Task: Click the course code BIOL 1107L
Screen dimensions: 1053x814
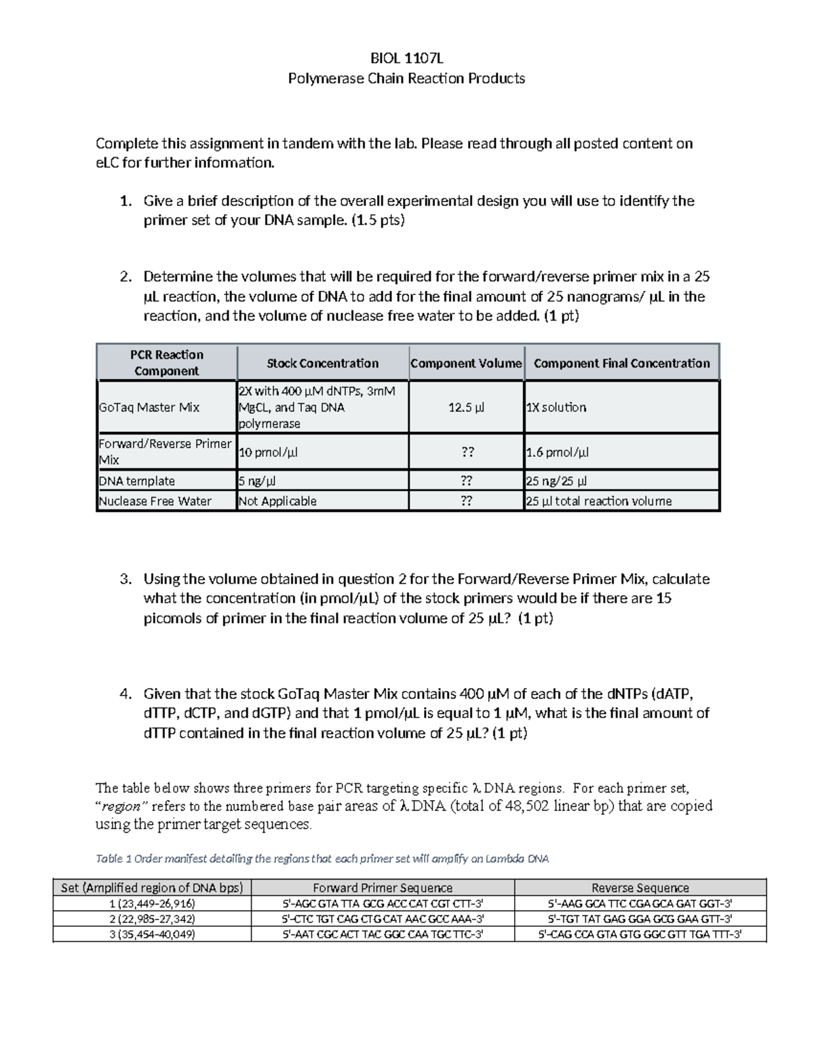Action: pyautogui.click(x=406, y=58)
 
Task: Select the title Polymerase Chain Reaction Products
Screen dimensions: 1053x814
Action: pyautogui.click(x=406, y=79)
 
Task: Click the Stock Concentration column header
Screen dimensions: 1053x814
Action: pyautogui.click(x=322, y=363)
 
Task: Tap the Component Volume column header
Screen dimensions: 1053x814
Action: pyautogui.click(x=466, y=363)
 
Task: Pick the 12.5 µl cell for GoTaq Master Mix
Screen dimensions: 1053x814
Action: pyautogui.click(x=466, y=408)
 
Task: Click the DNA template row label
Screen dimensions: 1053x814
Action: pyautogui.click(x=137, y=481)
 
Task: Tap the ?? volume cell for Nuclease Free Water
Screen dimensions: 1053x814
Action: pyautogui.click(x=466, y=501)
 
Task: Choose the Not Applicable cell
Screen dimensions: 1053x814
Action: pyautogui.click(x=277, y=501)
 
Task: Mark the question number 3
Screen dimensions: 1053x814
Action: pyautogui.click(x=125, y=579)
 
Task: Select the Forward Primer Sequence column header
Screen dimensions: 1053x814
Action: pyautogui.click(x=383, y=888)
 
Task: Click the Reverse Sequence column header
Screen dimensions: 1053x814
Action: pyautogui.click(x=640, y=888)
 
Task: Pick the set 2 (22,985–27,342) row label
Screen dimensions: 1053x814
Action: pyautogui.click(x=152, y=919)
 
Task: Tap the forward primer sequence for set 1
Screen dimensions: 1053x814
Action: pyautogui.click(x=383, y=903)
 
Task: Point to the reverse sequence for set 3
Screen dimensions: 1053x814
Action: pyautogui.click(x=640, y=934)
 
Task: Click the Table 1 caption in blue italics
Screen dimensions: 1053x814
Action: pyautogui.click(x=322, y=858)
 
